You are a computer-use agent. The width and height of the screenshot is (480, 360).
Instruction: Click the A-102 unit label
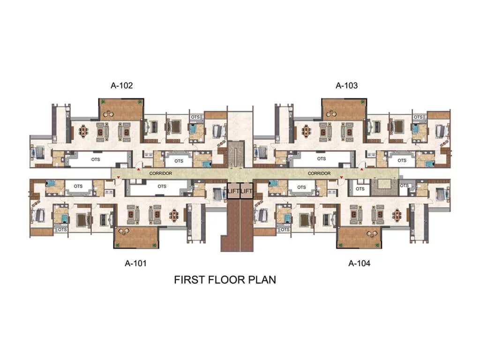tap(121, 85)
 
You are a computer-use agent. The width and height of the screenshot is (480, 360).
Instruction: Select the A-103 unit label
tap(346, 85)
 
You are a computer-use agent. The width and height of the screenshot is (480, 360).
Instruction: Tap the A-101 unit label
tap(135, 263)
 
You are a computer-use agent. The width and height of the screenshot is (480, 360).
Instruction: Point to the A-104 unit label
tap(359, 263)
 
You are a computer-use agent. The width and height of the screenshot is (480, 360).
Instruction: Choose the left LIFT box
tap(233, 191)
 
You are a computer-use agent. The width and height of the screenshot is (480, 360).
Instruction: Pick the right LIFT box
tap(247, 191)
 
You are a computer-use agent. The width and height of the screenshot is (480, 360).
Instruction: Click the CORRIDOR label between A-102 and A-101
tap(161, 173)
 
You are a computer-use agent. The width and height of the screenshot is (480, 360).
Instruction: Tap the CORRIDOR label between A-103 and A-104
tap(319, 173)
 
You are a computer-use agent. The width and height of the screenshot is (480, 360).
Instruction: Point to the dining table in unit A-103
tap(307, 131)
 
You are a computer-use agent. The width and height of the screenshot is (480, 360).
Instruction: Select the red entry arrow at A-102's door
tap(138, 169)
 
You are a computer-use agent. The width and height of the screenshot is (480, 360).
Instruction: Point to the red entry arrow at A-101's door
tap(119, 177)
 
